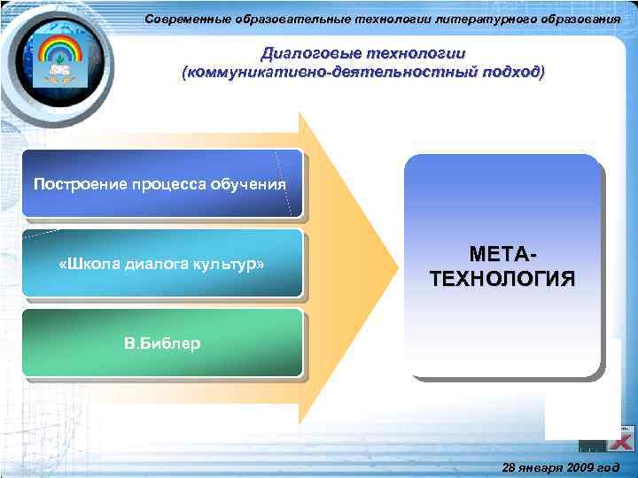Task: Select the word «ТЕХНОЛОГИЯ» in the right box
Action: pyautogui.click(x=502, y=280)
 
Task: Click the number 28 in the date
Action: pyautogui.click(x=508, y=466)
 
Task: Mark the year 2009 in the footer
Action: pyautogui.click(x=582, y=466)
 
